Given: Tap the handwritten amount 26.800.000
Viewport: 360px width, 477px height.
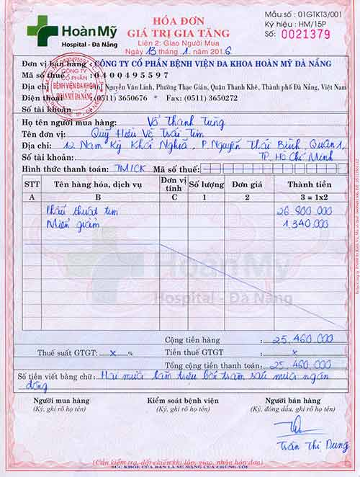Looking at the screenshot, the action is tap(304, 210).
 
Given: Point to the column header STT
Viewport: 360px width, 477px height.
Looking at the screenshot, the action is tap(32, 184).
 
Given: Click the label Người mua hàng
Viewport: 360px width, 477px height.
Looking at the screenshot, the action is tap(61, 400).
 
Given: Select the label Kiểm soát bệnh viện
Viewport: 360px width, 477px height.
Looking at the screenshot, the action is tap(181, 400).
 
